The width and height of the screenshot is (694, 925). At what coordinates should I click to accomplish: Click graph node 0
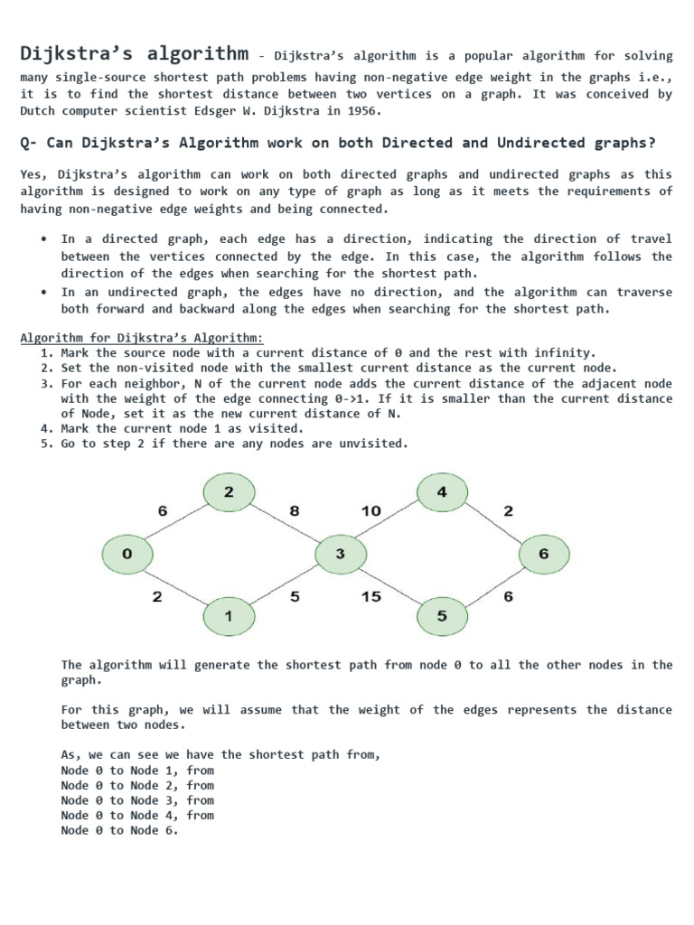point(127,555)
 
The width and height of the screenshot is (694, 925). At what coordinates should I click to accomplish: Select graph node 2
point(229,492)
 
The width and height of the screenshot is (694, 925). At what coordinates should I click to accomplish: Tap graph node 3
point(340,555)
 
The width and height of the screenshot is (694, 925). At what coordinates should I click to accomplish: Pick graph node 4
point(442,492)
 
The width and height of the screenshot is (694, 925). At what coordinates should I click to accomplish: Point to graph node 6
point(543,555)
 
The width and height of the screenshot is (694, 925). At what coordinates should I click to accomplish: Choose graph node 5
point(442,617)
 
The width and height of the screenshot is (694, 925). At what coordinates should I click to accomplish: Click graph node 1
point(229,617)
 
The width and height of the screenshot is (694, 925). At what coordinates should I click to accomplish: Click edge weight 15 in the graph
point(370,597)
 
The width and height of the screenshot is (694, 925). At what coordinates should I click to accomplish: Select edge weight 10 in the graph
point(370,511)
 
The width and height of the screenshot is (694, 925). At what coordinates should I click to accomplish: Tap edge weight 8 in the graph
point(294,511)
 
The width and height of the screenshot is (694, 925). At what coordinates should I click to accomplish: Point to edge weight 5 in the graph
point(295,597)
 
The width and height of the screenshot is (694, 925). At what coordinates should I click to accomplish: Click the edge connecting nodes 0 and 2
point(177,524)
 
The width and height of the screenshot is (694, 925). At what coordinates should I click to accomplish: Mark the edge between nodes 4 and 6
point(493,524)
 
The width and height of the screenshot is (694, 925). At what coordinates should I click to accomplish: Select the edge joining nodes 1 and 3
point(285,585)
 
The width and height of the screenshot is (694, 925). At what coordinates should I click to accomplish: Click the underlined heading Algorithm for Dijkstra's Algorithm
point(142,338)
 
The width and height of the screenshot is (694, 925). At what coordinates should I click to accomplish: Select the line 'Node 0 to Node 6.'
point(119,830)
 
